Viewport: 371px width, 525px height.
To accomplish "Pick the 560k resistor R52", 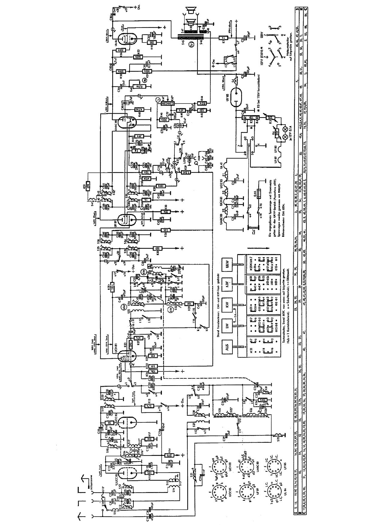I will [x=138, y=57].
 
